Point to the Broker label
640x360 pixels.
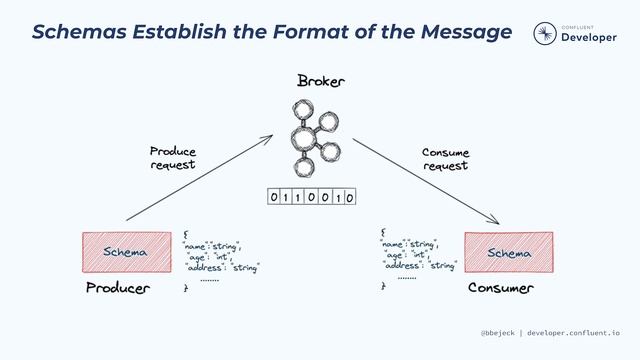[x=320, y=80]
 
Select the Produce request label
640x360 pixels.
[x=173, y=158]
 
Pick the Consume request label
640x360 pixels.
[x=445, y=159]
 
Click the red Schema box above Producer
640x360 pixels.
[x=126, y=252]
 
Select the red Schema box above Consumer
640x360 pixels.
[x=509, y=252]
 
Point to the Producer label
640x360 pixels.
[x=117, y=289]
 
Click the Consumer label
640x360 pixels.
[x=501, y=289]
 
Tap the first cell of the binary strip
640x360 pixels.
[x=274, y=198]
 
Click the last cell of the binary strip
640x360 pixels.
[x=350, y=198]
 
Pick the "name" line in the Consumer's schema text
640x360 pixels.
[x=410, y=243]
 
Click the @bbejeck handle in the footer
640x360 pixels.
[x=497, y=332]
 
